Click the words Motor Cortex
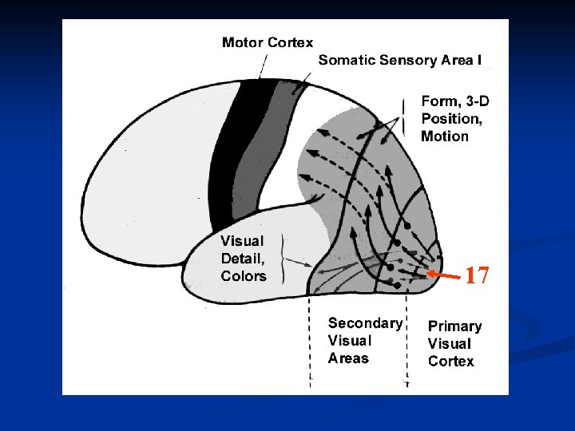[x=267, y=42]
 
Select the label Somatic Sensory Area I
[x=400, y=60]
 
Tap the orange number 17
[x=477, y=276]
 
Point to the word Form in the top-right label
[x=439, y=101]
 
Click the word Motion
[x=445, y=136]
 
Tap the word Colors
[x=244, y=276]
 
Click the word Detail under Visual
[x=240, y=258]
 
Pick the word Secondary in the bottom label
[x=365, y=323]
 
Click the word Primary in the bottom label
[x=454, y=326]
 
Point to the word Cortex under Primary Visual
[x=450, y=362]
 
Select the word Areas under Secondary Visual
[x=348, y=358]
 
